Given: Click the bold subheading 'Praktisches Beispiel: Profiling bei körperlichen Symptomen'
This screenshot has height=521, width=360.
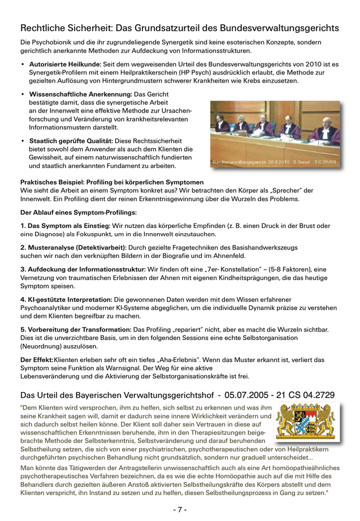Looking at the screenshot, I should coord(112,182).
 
